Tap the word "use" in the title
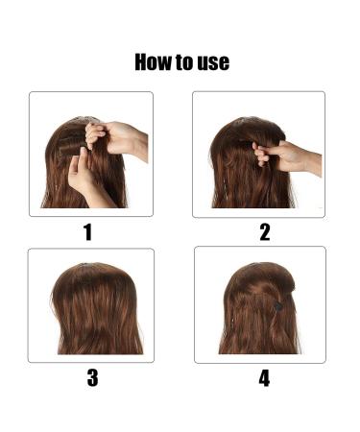pyautogui.click(x=212, y=63)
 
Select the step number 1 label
pyautogui.click(x=87, y=231)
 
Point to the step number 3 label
pyautogui.click(x=92, y=377)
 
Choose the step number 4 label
pyautogui.click(x=264, y=377)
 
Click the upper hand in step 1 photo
pyautogui.click(x=115, y=136)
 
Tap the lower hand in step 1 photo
pyautogui.click(x=84, y=176)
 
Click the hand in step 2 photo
pyautogui.click(x=280, y=156)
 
